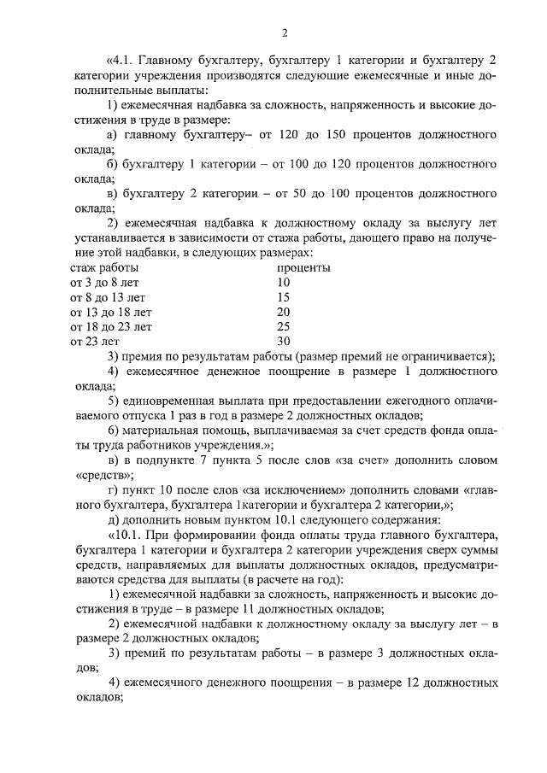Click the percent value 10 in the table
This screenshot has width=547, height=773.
[x=284, y=282]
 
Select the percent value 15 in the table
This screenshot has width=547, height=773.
[x=284, y=296]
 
